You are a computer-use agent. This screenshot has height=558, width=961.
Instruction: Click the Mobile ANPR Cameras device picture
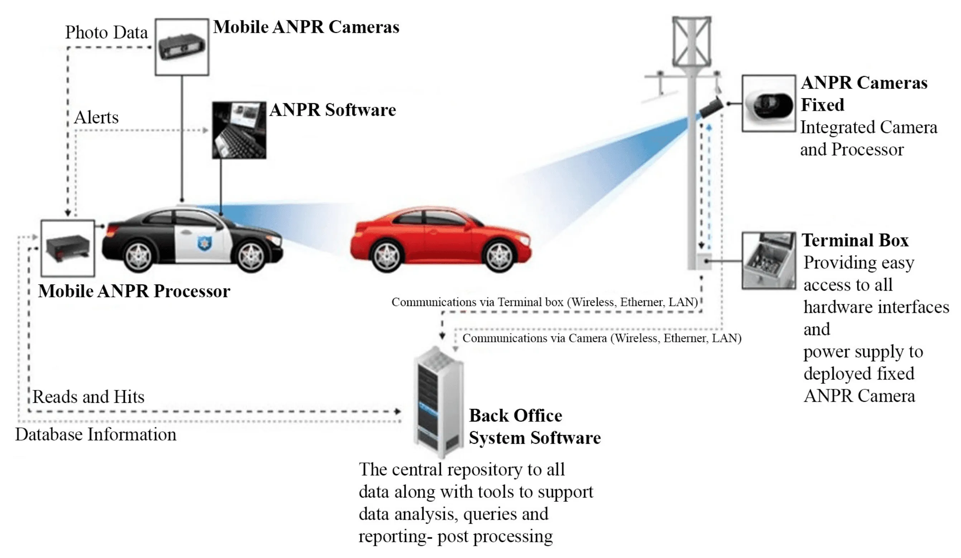pyautogui.click(x=182, y=47)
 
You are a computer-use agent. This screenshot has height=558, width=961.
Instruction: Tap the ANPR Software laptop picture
pyautogui.click(x=239, y=130)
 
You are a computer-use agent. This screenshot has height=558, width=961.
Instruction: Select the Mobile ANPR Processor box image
pyautogui.click(x=67, y=248)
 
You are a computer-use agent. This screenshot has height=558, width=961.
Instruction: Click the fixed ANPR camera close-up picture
pyautogui.click(x=769, y=103)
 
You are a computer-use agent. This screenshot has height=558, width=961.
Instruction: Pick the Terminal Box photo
pyautogui.click(x=769, y=261)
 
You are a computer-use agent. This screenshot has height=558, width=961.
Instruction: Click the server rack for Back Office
pyautogui.click(x=439, y=402)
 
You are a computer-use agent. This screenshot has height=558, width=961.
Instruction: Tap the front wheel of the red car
pyautogui.click(x=499, y=255)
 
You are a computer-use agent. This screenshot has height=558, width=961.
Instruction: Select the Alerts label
pyautogui.click(x=96, y=118)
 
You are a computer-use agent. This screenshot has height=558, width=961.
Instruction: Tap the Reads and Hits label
pyautogui.click(x=89, y=397)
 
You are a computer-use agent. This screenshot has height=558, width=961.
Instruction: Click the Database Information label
pyautogui.click(x=96, y=435)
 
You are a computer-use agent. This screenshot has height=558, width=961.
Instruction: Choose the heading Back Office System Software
pyautogui.click(x=534, y=427)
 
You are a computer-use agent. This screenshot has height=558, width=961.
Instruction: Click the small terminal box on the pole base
pyautogui.click(x=704, y=261)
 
